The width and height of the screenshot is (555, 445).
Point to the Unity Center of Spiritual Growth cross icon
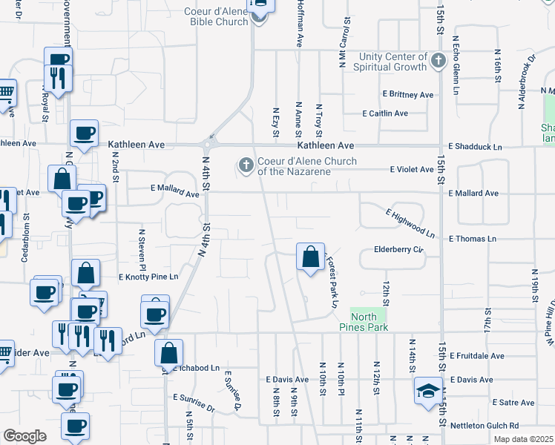point(438,62)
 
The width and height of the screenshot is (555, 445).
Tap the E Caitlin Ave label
point(385,113)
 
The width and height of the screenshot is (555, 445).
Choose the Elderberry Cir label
point(398,250)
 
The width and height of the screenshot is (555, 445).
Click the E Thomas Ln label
point(472,239)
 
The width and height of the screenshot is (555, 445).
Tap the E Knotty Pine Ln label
point(149,277)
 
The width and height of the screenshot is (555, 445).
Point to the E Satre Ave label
point(513,403)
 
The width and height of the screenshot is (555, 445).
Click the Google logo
point(24,436)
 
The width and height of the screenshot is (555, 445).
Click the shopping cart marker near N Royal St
point(6,93)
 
